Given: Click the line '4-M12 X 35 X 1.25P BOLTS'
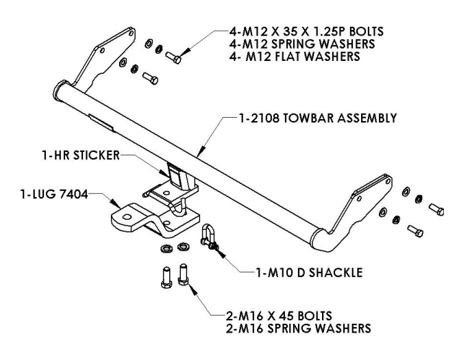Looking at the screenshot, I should coord(301,31).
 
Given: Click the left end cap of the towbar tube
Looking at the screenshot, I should coord(58,91).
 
